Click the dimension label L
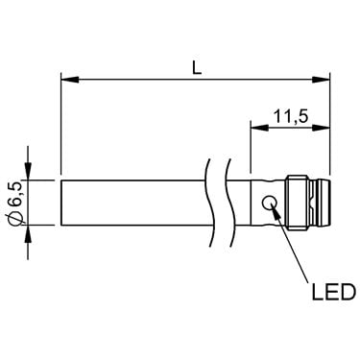coord(197,67)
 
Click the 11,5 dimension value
coord(291,117)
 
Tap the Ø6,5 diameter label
coord(16,203)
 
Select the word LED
coord(334,292)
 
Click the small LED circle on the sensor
coord(270,203)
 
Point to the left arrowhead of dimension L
coord(70,80)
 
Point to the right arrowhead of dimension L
coord(321,80)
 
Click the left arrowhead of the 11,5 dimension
coord(259,127)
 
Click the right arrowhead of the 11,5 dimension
coord(321,127)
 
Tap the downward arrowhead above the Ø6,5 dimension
coord(29,172)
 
